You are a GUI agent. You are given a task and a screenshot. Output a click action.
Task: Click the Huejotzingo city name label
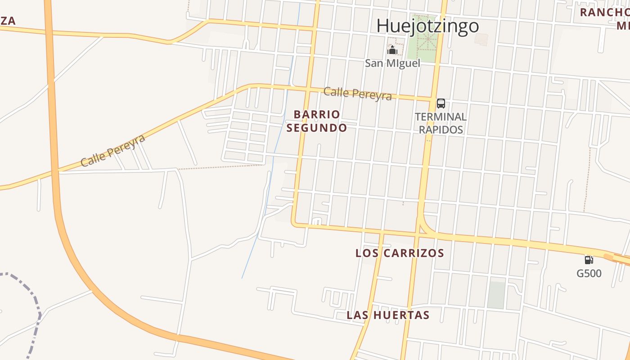(427, 26)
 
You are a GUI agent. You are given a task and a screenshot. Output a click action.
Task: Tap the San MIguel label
(392, 63)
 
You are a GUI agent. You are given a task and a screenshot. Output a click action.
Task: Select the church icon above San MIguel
(392, 49)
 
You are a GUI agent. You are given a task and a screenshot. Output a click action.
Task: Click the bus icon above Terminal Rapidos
(441, 103)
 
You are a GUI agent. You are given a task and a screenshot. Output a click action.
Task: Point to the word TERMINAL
(441, 117)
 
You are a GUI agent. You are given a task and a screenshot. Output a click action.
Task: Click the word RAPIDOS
(441, 130)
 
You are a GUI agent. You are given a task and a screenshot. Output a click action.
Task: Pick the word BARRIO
(317, 114)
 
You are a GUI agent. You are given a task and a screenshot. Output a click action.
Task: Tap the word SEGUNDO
(317, 128)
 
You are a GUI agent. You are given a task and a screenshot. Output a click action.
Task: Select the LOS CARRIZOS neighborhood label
(400, 253)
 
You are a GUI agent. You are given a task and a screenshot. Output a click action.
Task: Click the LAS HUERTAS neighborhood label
(388, 315)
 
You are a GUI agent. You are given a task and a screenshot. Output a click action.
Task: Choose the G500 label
(589, 273)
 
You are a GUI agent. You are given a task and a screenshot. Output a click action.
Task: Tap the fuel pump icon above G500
(589, 260)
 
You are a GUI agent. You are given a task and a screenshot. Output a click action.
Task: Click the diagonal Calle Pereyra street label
(113, 150)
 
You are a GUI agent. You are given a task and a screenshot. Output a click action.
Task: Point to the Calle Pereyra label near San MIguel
(357, 93)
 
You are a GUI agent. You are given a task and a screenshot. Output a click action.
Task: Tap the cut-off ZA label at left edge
(8, 20)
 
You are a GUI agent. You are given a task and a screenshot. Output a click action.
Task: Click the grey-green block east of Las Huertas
(496, 295)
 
